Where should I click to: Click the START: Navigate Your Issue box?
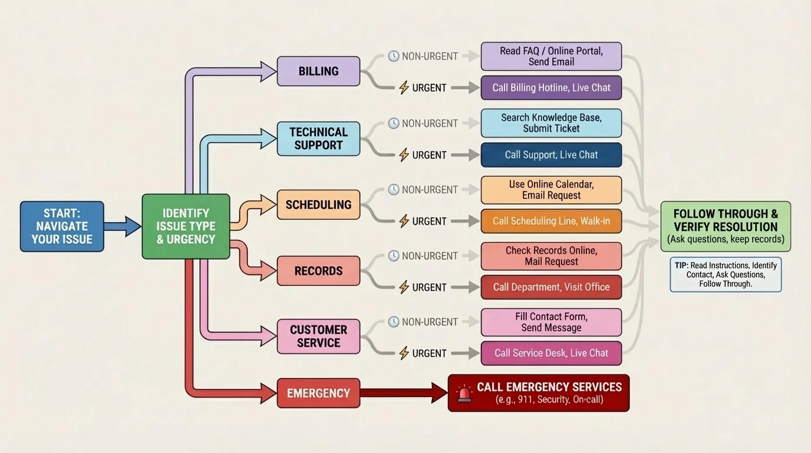[62, 226]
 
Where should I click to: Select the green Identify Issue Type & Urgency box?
[186, 226]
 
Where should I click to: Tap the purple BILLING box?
[318, 71]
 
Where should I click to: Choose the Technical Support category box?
[318, 139]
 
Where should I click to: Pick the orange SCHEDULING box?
[318, 205]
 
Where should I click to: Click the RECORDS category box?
[318, 271]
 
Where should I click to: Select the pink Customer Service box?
[318, 336]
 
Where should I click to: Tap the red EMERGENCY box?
[318, 393]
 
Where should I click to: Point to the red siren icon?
[465, 393]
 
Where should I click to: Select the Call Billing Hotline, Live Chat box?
[551, 88]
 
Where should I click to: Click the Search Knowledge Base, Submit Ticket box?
[551, 123]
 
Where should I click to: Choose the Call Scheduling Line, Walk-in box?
[551, 221]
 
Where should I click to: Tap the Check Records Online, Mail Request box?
[551, 256]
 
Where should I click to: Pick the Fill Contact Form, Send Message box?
[551, 322]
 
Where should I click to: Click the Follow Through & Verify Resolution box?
[726, 226]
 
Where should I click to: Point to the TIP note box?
[726, 274]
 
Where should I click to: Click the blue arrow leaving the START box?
[123, 226]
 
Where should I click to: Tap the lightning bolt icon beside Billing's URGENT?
[404, 88]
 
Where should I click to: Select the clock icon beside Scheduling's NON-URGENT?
[394, 189]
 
